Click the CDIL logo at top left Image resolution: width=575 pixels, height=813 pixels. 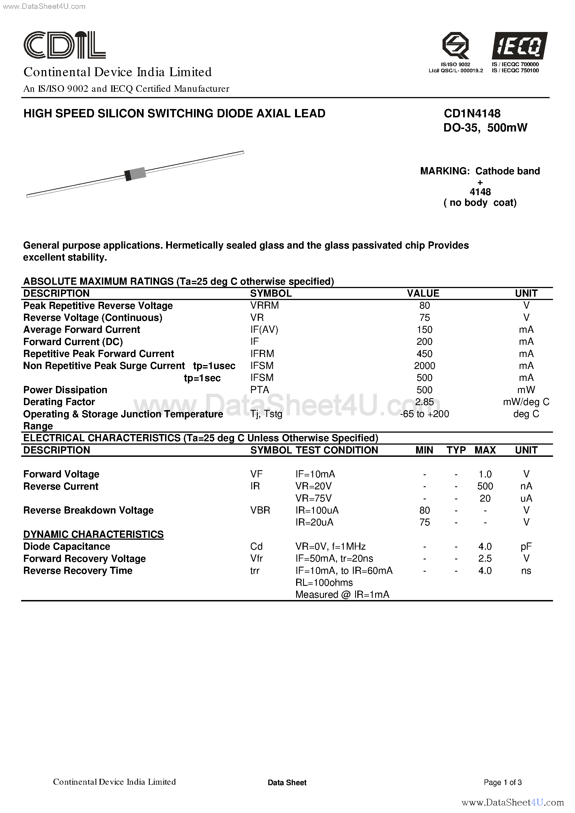pyautogui.click(x=65, y=45)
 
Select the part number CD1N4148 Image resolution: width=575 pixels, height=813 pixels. pyautogui.click(x=472, y=113)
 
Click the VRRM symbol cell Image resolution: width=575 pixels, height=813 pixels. pyautogui.click(x=264, y=305)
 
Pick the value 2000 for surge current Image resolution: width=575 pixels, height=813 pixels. pyautogui.click(x=424, y=365)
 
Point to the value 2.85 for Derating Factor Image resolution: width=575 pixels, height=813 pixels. pyautogui.click(x=424, y=401)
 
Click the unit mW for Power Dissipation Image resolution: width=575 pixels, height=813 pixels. pyautogui.click(x=526, y=390)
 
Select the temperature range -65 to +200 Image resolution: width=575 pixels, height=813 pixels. pyautogui.click(x=424, y=413)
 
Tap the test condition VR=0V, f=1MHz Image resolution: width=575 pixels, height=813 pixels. pyautogui.click(x=330, y=546)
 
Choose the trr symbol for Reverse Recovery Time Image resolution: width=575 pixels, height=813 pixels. pyautogui.click(x=255, y=571)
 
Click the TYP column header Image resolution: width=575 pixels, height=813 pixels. pyautogui.click(x=456, y=450)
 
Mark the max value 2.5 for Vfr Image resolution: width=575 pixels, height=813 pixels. pyautogui.click(x=485, y=558)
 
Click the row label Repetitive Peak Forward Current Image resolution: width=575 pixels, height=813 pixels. pyautogui.click(x=99, y=353)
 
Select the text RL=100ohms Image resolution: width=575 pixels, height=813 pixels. pyautogui.click(x=324, y=583)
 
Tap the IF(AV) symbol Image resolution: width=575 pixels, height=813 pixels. pyautogui.click(x=264, y=329)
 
